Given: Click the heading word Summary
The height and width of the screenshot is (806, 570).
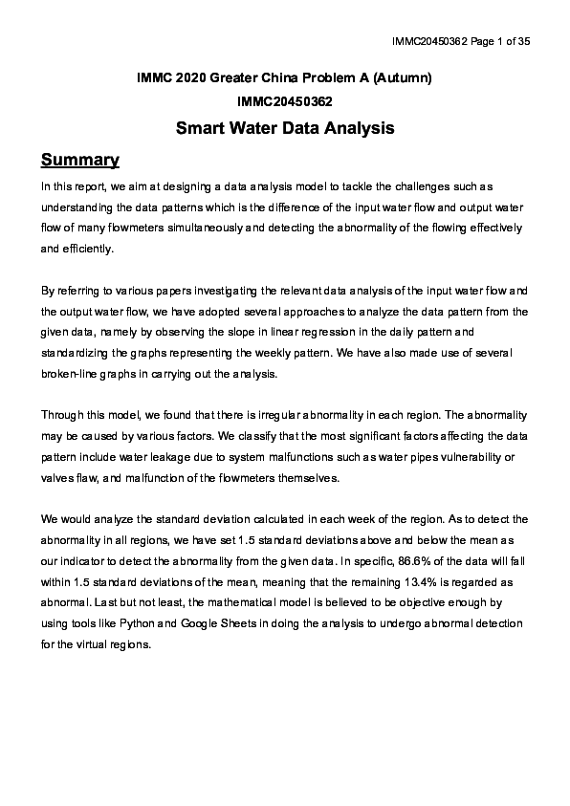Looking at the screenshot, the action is click(x=79, y=159).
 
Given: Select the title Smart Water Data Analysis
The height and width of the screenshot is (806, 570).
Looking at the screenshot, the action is click(x=285, y=127).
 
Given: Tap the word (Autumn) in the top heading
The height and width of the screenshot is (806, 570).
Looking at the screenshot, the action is click(x=405, y=77).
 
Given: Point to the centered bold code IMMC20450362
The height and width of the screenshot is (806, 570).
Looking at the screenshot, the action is click(x=285, y=100).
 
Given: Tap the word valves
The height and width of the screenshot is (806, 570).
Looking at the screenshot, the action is click(x=60, y=477).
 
